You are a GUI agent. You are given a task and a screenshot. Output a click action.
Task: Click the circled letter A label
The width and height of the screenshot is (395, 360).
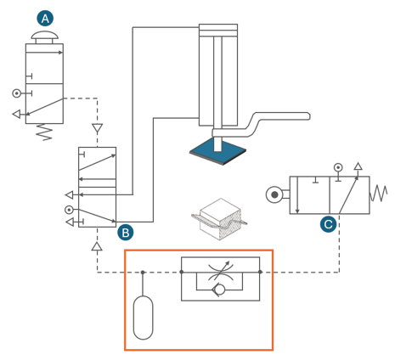tap(45, 19)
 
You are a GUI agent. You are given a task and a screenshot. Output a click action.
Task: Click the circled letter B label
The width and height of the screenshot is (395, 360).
tap(126, 233)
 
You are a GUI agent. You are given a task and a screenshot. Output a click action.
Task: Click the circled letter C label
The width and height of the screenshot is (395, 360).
tap(328, 224)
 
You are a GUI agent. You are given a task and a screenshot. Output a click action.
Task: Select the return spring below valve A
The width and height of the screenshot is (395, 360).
tap(44, 132)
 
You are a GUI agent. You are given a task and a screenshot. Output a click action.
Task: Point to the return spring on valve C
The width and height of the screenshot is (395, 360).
tap(378, 194)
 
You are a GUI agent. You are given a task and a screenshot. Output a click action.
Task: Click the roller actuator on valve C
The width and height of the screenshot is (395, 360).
tap(274, 194)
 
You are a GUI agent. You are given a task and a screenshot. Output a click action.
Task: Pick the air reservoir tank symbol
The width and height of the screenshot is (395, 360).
tap(143, 318)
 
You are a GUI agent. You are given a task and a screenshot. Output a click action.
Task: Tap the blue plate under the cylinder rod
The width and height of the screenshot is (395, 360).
tap(217, 151)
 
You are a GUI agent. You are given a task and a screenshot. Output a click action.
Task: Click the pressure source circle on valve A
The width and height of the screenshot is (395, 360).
tap(17, 93)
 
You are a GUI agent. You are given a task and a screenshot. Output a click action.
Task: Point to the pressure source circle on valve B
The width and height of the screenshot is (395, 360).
tap(69, 210)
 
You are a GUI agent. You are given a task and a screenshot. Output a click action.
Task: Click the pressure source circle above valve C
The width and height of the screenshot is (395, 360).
tap(338, 167)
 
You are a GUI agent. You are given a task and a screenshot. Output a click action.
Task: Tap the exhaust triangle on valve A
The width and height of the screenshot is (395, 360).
tap(16, 114)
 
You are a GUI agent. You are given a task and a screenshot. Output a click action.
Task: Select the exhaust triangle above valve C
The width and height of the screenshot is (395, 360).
tap(358, 166)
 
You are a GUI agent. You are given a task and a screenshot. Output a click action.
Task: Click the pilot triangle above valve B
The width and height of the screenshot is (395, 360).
tap(97, 128)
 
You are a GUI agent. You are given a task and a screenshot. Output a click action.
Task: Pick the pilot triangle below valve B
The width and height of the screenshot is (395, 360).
tap(97, 246)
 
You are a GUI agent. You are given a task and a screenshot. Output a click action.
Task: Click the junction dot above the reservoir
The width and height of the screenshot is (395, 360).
tap(143, 273)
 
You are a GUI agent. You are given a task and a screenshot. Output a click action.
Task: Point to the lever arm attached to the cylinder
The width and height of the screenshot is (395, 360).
tap(261, 125)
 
